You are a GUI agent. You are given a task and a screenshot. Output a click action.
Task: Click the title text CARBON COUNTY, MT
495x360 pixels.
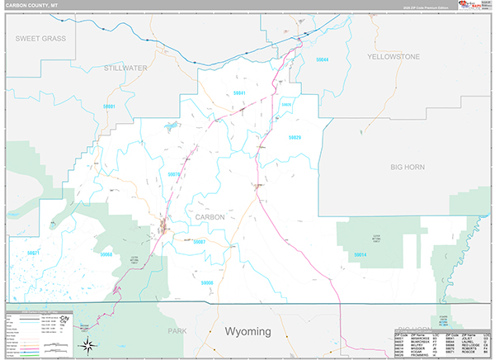click(31, 5)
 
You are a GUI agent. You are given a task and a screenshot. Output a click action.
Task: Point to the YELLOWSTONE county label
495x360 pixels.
click(394, 57)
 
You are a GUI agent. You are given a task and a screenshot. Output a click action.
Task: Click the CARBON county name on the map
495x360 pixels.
click(210, 217)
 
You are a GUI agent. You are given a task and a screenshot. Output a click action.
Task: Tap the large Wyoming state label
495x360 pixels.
click(247, 330)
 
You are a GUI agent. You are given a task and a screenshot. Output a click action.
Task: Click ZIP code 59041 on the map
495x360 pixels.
click(240, 92)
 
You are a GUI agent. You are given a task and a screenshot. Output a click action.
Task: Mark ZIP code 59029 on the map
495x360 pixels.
click(294, 137)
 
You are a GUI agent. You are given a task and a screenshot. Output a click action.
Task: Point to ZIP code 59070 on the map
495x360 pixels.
click(173, 174)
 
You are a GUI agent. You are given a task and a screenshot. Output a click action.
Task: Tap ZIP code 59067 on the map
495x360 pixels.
click(198, 242)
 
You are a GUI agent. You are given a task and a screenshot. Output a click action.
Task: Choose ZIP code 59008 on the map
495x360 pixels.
click(206, 283)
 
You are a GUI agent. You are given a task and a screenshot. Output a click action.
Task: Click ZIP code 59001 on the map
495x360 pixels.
click(109, 107)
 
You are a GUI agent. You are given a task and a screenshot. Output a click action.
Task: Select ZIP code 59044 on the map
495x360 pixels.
click(322, 59)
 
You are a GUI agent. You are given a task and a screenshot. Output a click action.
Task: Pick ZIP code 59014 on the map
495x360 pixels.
click(360, 255)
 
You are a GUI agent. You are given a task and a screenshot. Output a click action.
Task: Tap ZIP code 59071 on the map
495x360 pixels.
click(33, 252)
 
